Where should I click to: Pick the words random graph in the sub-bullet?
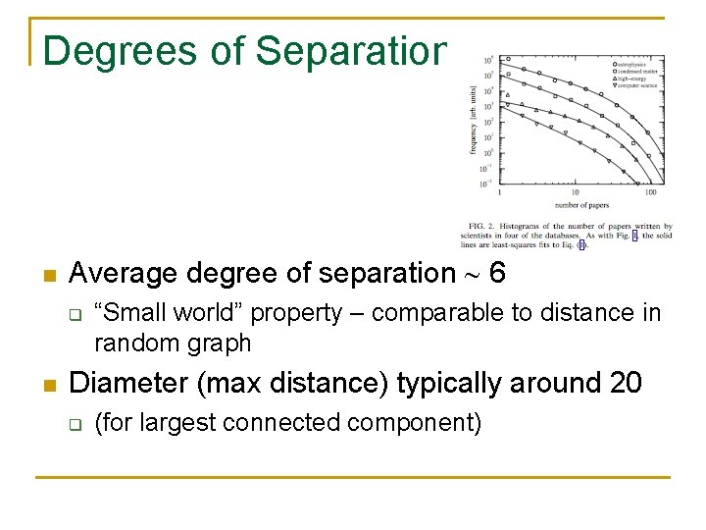coord(173,343)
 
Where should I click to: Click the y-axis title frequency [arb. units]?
coord(473,122)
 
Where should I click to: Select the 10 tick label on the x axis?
coord(576,192)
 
